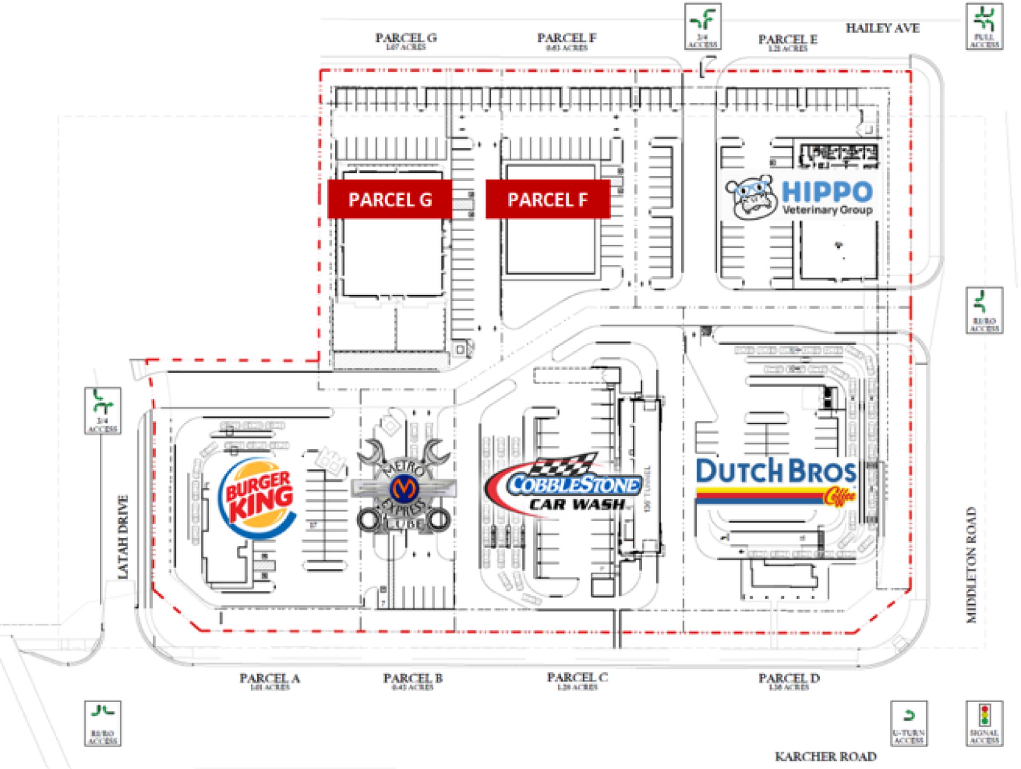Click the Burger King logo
click(257, 497)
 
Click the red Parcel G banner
click(390, 199)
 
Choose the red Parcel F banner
click(548, 199)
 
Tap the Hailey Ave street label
click(882, 28)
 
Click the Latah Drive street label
click(123, 537)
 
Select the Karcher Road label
click(825, 757)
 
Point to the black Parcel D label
click(789, 678)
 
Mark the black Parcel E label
click(787, 39)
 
